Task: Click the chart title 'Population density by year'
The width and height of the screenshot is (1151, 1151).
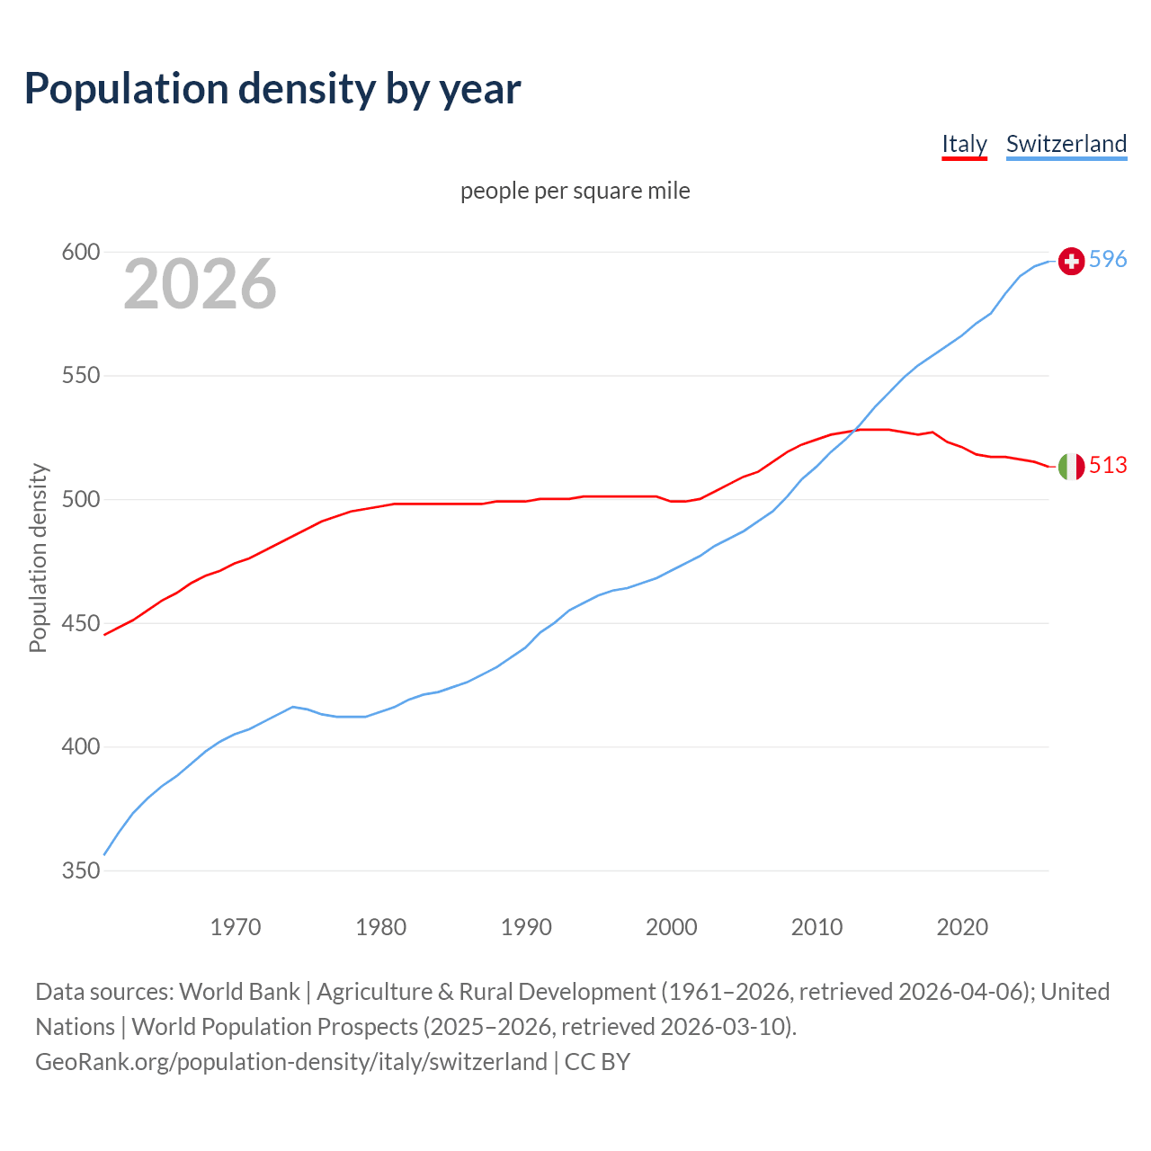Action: coord(272,88)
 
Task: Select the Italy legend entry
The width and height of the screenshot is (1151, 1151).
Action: coord(964,144)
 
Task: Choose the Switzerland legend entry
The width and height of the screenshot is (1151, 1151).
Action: coord(1066,144)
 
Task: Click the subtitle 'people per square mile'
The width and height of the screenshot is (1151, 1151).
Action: coord(575,191)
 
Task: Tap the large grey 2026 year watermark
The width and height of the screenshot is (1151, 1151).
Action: coord(200,284)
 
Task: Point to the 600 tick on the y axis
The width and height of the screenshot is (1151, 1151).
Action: coord(80,252)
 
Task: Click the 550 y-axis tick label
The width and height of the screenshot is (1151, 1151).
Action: coord(80,376)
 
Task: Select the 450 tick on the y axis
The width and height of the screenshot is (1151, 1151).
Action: coord(80,623)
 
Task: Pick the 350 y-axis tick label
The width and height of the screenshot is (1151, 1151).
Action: coord(80,870)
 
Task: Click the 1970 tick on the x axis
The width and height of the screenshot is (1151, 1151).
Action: coord(236,926)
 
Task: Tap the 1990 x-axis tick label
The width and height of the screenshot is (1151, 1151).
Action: coord(526,926)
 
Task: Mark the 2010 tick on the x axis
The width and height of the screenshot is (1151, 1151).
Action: coord(816,926)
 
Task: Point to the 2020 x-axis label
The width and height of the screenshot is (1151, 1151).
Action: coord(962,926)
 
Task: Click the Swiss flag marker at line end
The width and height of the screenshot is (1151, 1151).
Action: coord(1071,261)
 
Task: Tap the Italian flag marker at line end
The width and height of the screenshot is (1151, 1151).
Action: coord(1071,466)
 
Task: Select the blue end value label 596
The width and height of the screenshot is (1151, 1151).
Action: coord(1108,259)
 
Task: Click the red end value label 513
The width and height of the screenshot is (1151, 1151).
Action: coord(1108,465)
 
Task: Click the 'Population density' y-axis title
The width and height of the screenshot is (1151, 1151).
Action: coord(38,558)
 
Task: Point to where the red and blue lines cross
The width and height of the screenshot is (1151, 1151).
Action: coord(853,431)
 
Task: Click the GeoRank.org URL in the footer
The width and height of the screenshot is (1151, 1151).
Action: coord(290,1062)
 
